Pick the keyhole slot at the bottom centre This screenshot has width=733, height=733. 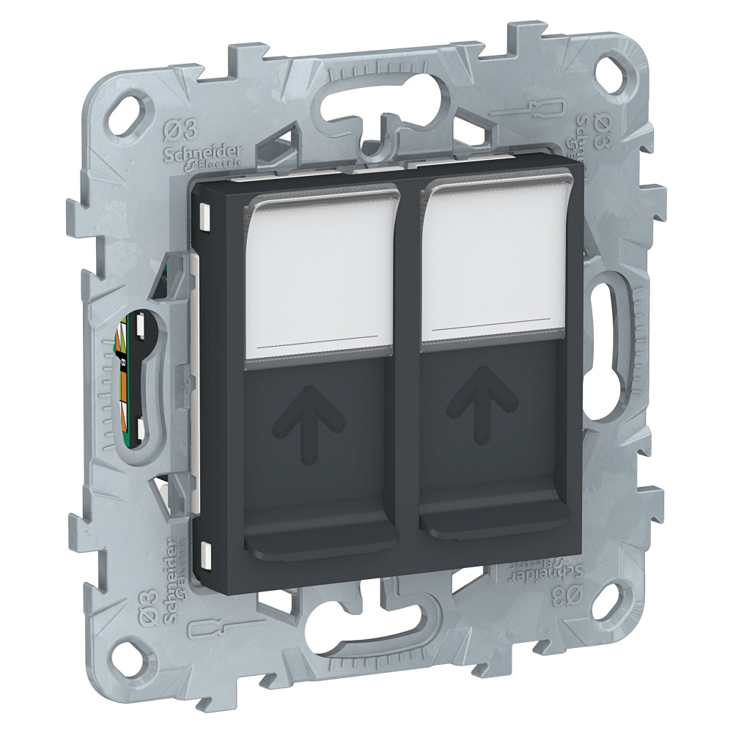pos(366,627)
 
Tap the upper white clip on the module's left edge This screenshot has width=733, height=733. pos(203,217)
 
